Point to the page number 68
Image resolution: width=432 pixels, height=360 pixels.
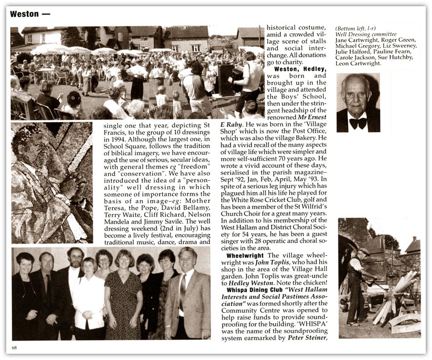pos(15,348)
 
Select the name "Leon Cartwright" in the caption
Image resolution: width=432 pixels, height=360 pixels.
pos(358,64)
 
